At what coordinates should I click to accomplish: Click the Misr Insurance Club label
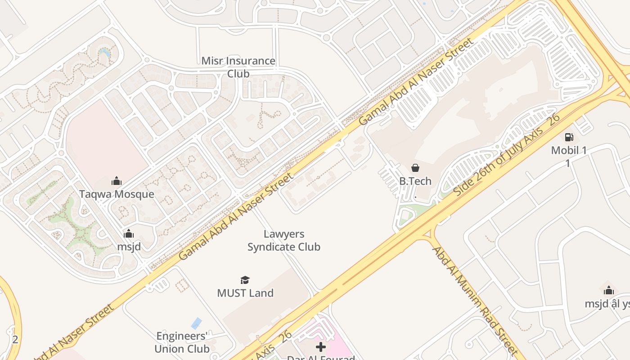coord(238,67)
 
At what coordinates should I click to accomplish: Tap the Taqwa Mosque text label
coord(117,194)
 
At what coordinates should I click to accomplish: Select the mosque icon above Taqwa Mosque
coord(117,181)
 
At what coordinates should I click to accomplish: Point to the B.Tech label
coord(415,181)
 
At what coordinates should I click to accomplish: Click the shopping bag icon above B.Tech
coord(415,168)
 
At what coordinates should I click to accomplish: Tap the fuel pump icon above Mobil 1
coord(569,137)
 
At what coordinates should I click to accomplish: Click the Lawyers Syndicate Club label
coord(283,240)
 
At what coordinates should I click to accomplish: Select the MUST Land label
coord(245,293)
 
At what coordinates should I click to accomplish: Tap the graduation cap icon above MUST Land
coord(245,280)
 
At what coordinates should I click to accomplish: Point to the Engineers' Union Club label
coord(182,342)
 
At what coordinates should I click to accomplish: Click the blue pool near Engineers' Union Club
coord(196,323)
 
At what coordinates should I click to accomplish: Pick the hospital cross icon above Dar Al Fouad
coord(321,346)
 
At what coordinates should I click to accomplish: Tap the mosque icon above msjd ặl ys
coord(608,290)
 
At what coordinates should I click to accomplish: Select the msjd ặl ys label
coord(607,304)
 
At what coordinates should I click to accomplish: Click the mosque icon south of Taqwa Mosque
coord(129,234)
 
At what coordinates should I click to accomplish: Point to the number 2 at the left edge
coord(15,339)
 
